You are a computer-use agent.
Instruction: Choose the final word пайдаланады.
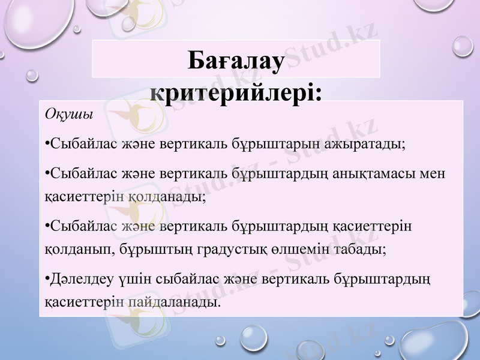[174, 301]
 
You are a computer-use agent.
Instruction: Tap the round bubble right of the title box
[463, 46]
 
